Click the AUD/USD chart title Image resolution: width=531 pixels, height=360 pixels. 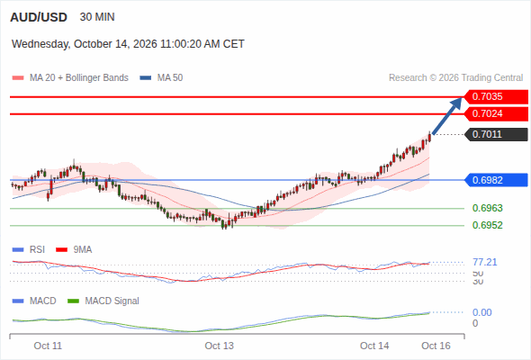39,17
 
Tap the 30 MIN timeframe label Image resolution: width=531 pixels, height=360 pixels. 97,17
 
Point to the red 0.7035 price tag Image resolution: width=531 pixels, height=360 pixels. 495,96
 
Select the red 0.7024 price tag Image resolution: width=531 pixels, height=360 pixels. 495,113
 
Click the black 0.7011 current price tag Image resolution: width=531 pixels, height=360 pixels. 495,134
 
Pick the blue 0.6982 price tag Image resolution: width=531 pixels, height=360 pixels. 495,180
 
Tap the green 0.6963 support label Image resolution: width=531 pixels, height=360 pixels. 487,208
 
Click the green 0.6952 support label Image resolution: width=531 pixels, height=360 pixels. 487,225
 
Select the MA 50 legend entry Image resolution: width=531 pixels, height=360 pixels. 161,78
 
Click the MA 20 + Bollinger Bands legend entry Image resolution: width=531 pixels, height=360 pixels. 70,78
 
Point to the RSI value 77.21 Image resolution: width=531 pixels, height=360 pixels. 485,262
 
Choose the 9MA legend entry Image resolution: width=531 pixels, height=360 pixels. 74,250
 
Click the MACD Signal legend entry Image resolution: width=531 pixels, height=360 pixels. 103,301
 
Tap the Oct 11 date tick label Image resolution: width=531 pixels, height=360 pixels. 48,346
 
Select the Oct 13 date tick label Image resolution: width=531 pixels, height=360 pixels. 219,346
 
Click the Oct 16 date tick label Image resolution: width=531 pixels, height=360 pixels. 436,346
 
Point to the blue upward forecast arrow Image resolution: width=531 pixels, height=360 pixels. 447,116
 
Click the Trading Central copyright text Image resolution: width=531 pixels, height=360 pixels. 455,78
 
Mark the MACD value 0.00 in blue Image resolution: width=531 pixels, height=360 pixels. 482,312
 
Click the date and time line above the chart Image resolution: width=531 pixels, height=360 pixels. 128,44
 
